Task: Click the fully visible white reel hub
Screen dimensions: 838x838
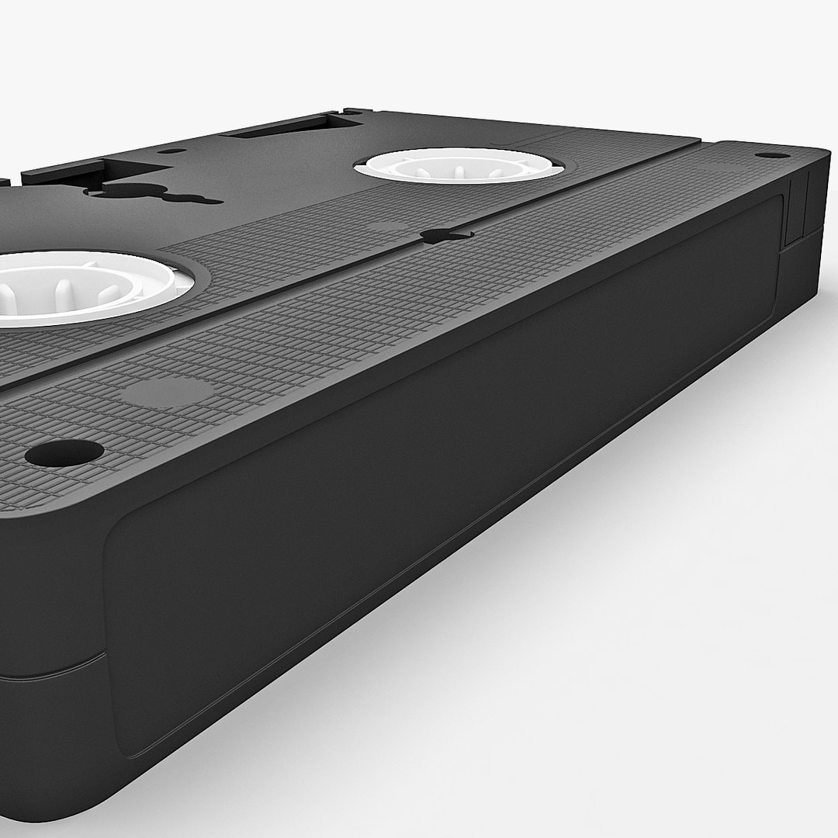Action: click(x=458, y=165)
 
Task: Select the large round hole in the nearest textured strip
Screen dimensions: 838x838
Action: click(x=64, y=452)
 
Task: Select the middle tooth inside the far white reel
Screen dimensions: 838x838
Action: click(x=458, y=169)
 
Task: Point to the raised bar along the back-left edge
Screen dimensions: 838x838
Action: click(x=62, y=171)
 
